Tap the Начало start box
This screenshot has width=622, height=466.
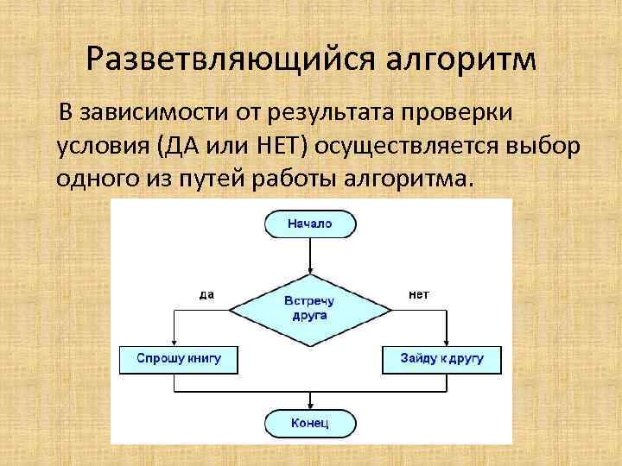309,224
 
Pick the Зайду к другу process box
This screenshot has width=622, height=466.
441,357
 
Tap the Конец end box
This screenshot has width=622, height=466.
309,423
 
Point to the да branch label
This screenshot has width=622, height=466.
207,294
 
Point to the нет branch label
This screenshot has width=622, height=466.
418,294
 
